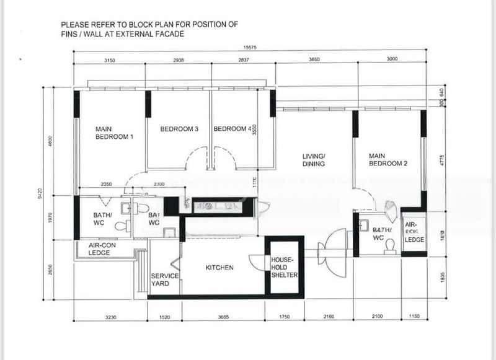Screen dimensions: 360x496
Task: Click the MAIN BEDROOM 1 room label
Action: pyautogui.click(x=114, y=133)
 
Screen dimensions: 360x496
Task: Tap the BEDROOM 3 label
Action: pyautogui.click(x=179, y=129)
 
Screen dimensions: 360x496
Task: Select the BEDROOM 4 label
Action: pyautogui.click(x=232, y=129)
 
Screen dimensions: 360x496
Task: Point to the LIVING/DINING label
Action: pyautogui.click(x=314, y=160)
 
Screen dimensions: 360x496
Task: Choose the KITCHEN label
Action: pyautogui.click(x=219, y=268)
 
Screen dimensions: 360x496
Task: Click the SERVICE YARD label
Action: pyautogui.click(x=166, y=279)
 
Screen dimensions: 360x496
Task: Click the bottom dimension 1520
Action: pyautogui.click(x=164, y=317)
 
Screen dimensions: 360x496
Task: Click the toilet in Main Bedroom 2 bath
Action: pyautogui.click(x=389, y=245)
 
